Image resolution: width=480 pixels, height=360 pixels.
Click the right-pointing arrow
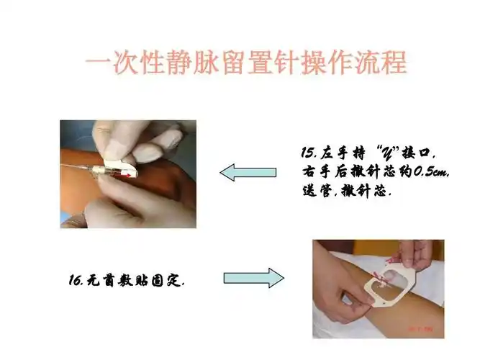(254, 278)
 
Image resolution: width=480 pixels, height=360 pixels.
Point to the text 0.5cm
(423, 172)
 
